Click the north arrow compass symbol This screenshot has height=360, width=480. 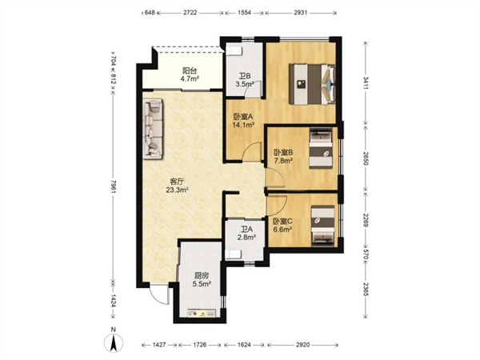point(114,342)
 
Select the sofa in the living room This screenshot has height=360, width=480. point(153,129)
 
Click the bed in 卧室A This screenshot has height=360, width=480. point(313,84)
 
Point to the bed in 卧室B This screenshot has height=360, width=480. point(321,149)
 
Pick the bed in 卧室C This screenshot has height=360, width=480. point(322,226)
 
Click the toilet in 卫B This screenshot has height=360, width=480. point(234,50)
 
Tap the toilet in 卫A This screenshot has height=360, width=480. point(233,254)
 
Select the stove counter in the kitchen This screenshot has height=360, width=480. point(202,313)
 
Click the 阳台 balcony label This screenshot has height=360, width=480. point(190,70)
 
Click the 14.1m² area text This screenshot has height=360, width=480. point(244,125)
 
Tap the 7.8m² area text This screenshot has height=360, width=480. point(284,160)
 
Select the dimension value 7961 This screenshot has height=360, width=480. point(114,186)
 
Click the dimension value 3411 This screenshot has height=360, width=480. point(366,83)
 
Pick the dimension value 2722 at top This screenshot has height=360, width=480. point(190,13)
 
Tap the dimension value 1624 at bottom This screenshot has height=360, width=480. point(244,345)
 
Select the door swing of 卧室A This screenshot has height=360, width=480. point(252,152)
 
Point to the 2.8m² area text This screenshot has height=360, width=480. point(246,237)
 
